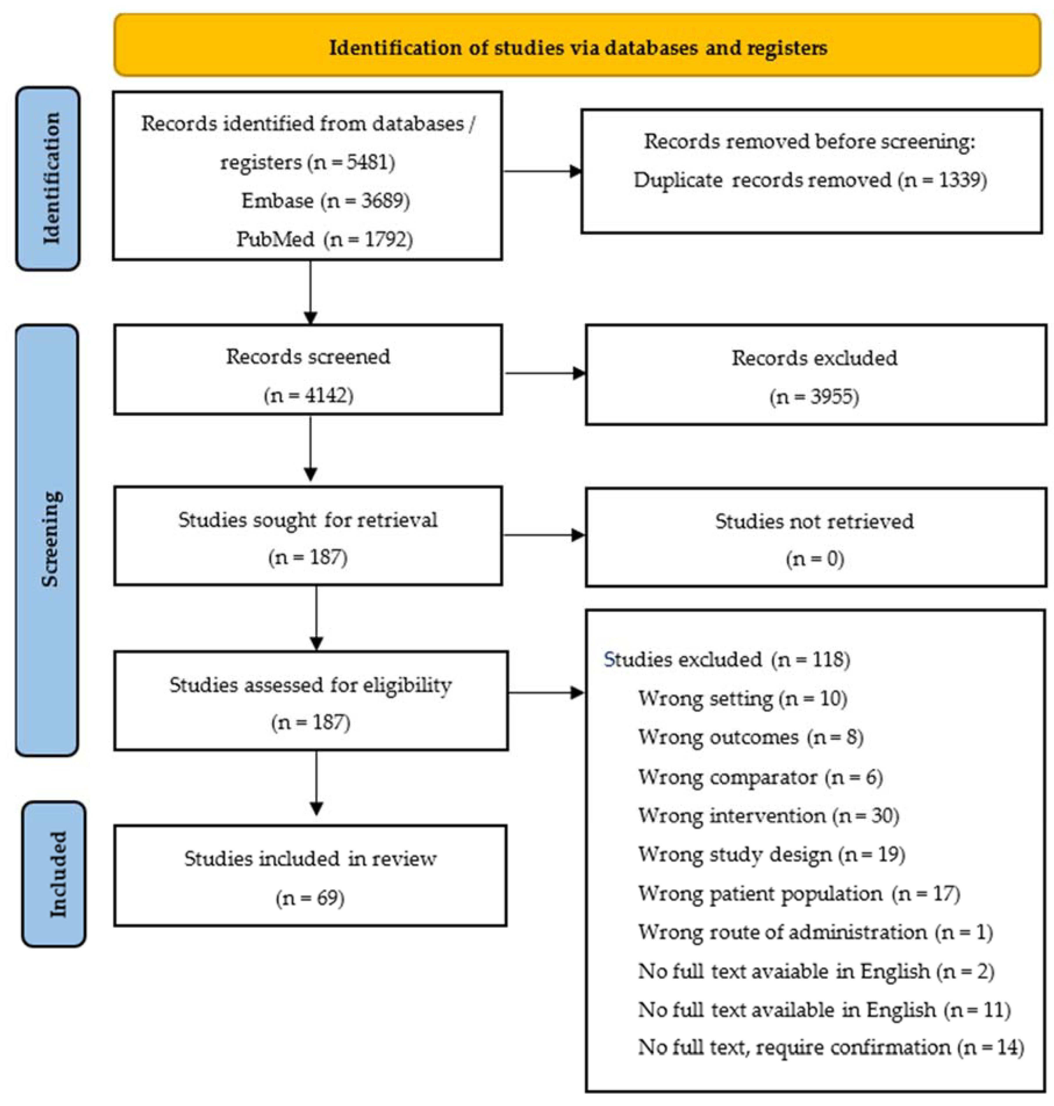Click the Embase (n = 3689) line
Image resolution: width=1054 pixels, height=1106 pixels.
click(325, 200)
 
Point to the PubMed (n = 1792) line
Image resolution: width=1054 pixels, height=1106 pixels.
click(324, 239)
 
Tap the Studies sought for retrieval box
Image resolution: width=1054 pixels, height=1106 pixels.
click(308, 535)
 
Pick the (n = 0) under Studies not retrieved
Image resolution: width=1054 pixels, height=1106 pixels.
click(815, 559)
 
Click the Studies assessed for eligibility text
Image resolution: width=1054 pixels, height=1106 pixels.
click(311, 685)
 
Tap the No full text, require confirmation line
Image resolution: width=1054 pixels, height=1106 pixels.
click(830, 1047)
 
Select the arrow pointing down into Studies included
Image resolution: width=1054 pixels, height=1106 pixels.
click(316, 787)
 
